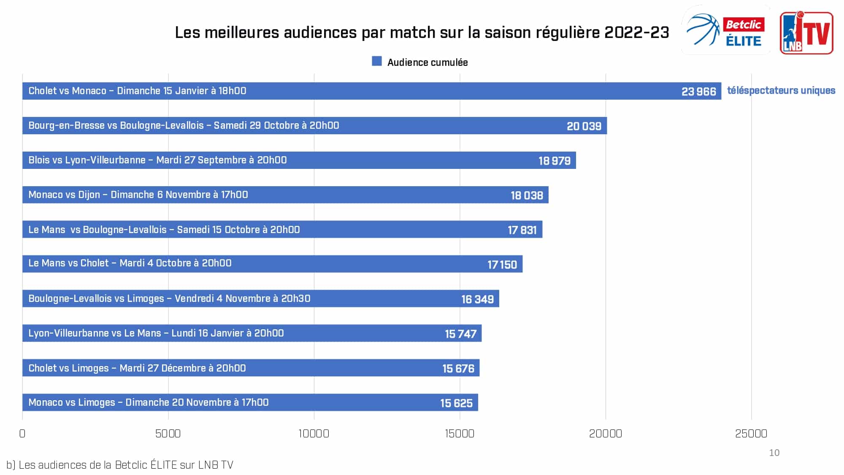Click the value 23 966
coord(698,92)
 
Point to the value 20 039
coord(584,126)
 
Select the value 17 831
coord(522,230)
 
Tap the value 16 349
coord(477,299)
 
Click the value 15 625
coord(456,403)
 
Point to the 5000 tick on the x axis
coord(168,434)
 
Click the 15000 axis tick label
coord(460,434)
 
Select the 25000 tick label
coord(751,434)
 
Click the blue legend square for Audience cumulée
coord(377,62)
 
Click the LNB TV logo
coord(806,33)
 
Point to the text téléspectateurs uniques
coord(781,90)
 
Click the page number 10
coord(774,453)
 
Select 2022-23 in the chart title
coord(637,33)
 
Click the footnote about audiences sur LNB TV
coord(120,465)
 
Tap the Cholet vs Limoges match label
coord(137,368)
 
